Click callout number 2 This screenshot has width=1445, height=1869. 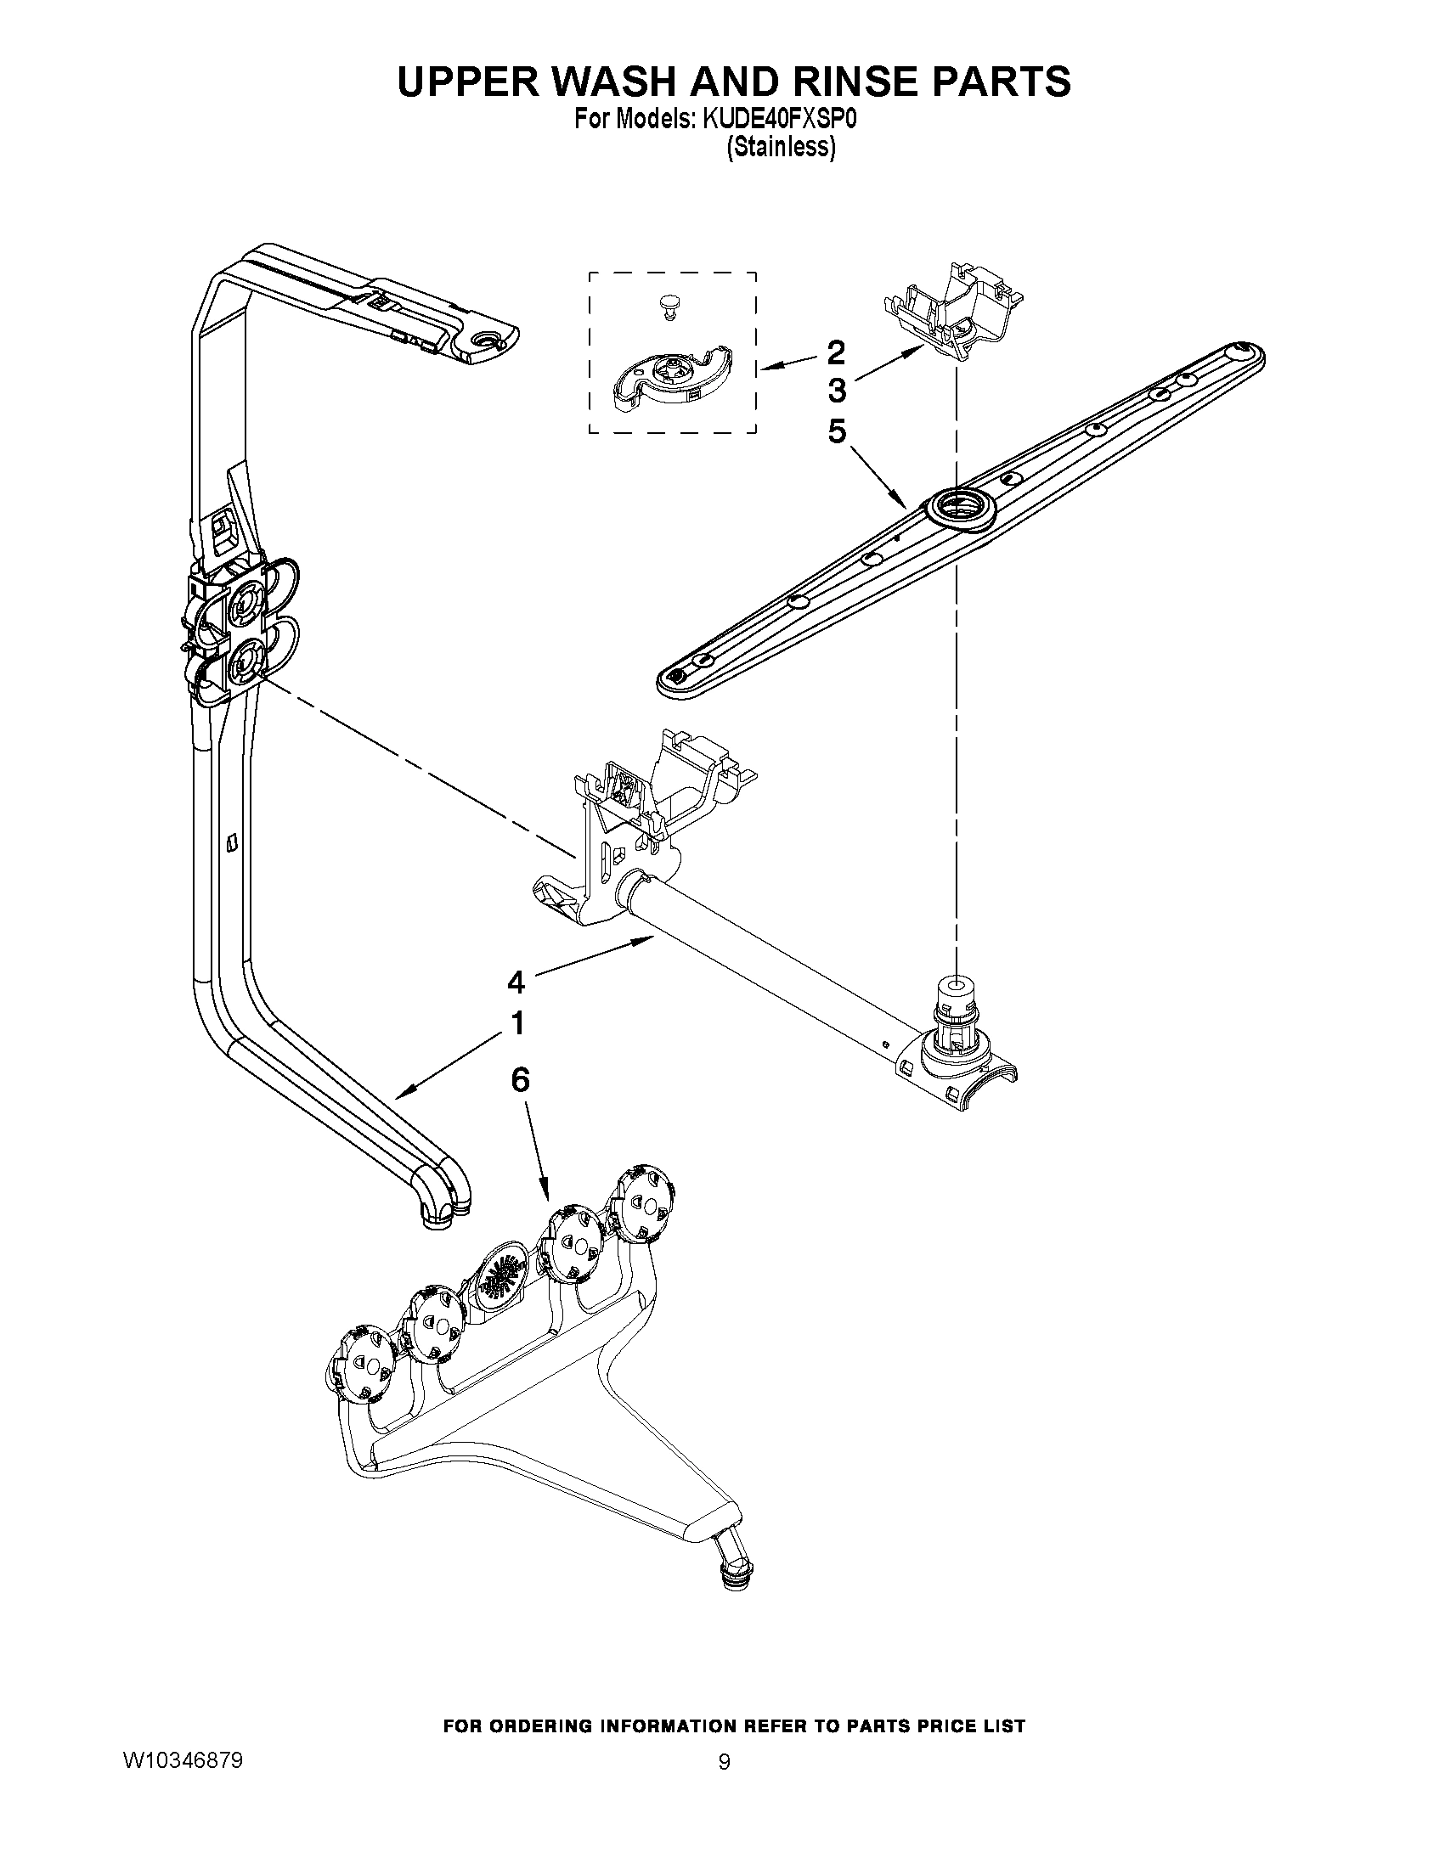point(836,351)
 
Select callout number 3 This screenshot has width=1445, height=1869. point(836,391)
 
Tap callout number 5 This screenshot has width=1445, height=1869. point(836,431)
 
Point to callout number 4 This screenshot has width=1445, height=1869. point(516,982)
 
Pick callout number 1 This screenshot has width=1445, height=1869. point(516,1022)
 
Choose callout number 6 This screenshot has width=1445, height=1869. point(520,1080)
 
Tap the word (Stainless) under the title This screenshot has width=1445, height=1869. point(780,148)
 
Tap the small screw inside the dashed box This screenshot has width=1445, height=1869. point(667,307)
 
